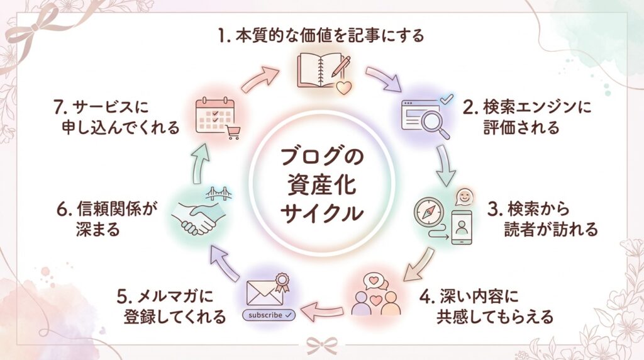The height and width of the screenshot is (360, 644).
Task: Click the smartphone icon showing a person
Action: point(462,226)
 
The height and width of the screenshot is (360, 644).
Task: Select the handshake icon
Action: point(196,217)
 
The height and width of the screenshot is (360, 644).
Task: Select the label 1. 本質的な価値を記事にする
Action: point(321,35)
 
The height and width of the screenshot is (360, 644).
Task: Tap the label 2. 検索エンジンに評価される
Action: point(528,117)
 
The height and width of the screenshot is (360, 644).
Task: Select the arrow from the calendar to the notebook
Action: point(259,79)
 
